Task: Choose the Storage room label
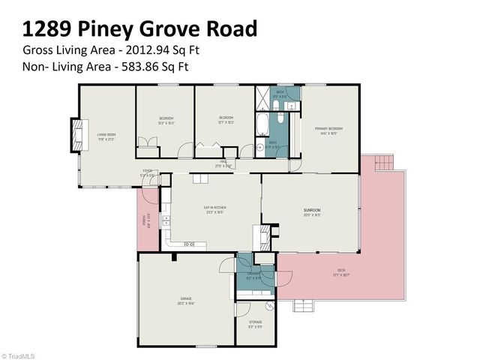[255, 325]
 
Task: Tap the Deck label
[341, 273]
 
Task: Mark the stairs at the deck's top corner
[383, 162]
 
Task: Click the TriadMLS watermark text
[20, 355]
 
